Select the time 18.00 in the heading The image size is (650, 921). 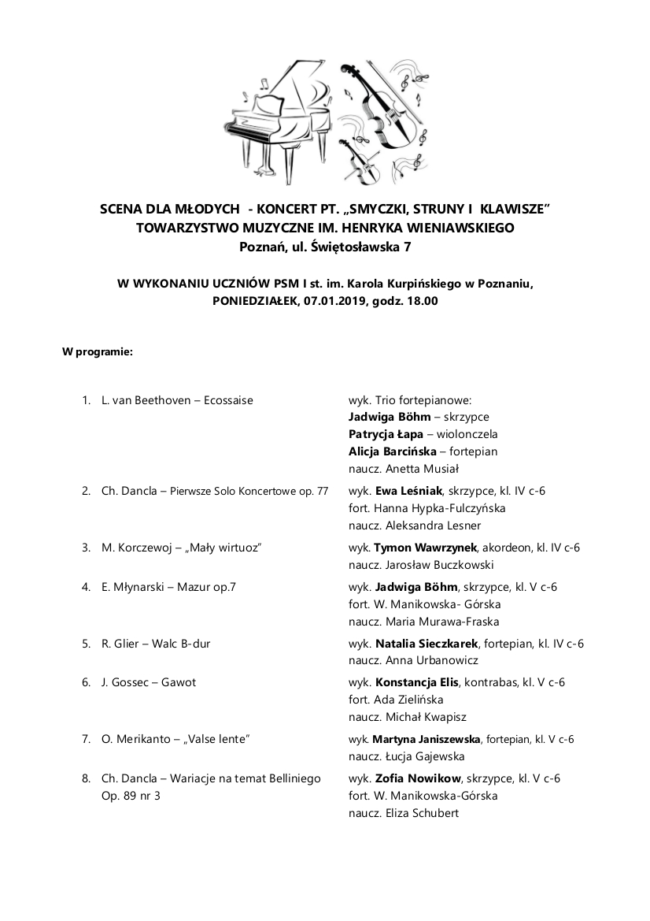pyautogui.click(x=421, y=300)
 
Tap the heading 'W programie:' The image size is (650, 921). pyautogui.click(x=98, y=351)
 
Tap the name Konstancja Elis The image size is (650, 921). pyautogui.click(x=417, y=682)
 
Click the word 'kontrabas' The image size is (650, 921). pyautogui.click(x=490, y=682)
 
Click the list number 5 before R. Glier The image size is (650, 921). pyautogui.click(x=86, y=644)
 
